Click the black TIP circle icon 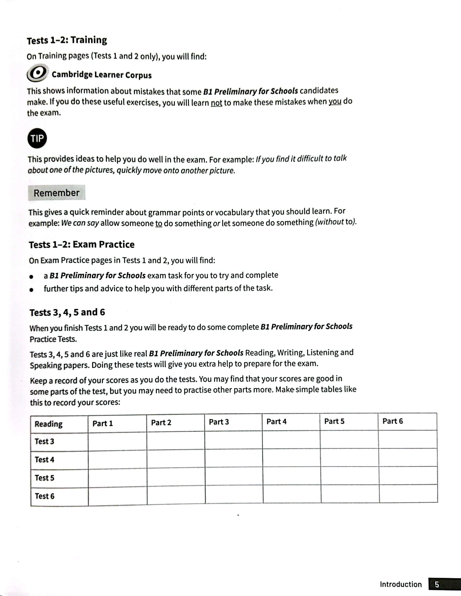37,138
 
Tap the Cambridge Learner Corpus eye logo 38,73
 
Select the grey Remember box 56,193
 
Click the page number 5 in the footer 437,584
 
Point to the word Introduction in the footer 400,584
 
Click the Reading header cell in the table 48,424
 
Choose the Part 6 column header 392,421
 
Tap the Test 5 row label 44,478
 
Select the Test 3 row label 44,441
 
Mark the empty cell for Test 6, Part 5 350,494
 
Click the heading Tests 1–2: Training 67,40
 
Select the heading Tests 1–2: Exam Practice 82,245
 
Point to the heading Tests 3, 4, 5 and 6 67,312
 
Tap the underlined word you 335,102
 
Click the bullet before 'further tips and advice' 32,289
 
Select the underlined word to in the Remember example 159,223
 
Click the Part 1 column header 102,423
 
